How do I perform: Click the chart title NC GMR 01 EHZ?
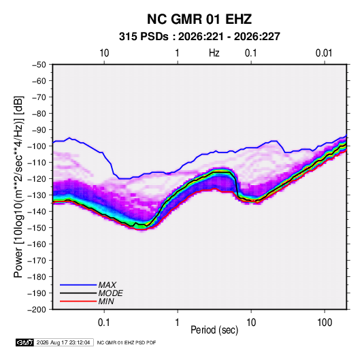(x=199, y=19)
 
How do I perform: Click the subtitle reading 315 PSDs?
(x=144, y=37)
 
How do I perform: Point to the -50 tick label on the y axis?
(x=39, y=65)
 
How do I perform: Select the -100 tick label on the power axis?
(x=37, y=146)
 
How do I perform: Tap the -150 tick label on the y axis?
(x=37, y=228)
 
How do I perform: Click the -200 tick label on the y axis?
(x=37, y=310)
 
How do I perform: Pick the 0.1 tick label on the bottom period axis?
(x=104, y=323)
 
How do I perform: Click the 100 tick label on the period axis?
(x=325, y=323)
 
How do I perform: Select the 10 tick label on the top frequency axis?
(x=104, y=53)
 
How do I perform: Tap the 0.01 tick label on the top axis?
(x=324, y=53)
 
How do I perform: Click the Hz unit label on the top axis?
(x=214, y=53)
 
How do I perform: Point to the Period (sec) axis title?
(x=214, y=330)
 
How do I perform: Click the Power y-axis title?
(x=18, y=187)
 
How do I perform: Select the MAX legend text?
(x=107, y=285)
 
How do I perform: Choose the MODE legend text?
(x=110, y=293)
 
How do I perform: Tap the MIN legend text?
(x=106, y=301)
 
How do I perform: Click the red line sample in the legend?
(x=78, y=301)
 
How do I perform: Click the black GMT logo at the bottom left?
(x=24, y=342)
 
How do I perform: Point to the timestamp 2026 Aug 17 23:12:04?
(x=63, y=342)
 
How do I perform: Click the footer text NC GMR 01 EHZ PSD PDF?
(x=127, y=342)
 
